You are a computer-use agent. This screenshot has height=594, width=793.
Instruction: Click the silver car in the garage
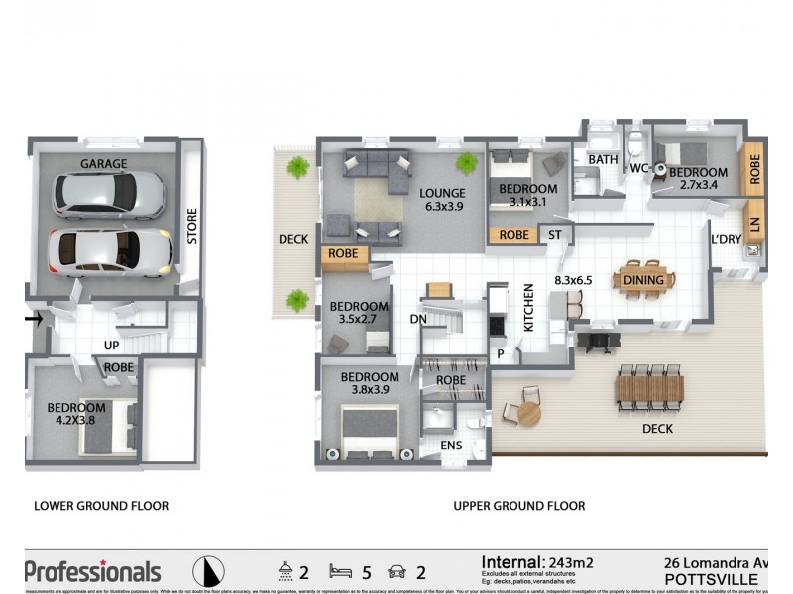coord(109,195)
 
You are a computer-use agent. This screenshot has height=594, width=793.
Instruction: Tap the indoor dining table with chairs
coord(645,280)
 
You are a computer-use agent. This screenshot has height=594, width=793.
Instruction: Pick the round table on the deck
coord(528,412)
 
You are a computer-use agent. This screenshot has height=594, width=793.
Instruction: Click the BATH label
coord(603,159)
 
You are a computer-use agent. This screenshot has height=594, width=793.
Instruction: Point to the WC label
coord(639,169)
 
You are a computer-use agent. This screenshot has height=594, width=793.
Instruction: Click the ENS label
coord(452,445)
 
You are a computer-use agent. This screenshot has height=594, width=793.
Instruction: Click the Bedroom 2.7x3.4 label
coord(698,178)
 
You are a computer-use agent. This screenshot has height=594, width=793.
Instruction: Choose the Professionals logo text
coord(92,571)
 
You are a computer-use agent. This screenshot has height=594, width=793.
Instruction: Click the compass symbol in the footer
coord(207,571)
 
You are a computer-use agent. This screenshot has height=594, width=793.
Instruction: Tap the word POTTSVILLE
coord(711,578)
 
